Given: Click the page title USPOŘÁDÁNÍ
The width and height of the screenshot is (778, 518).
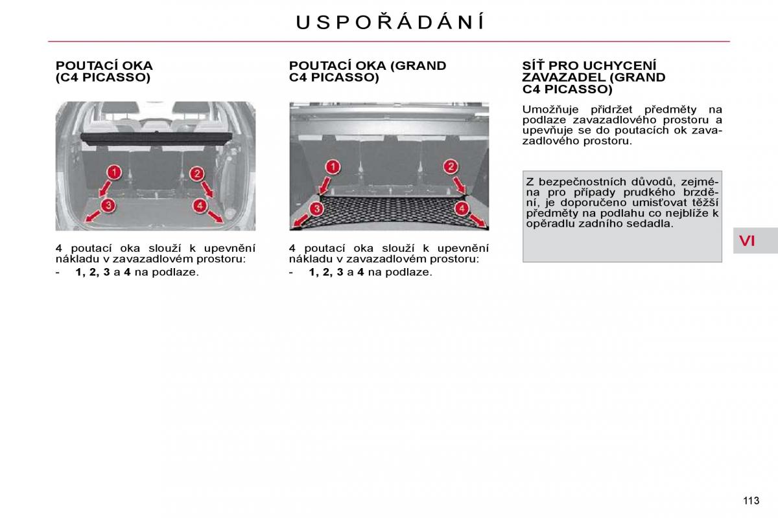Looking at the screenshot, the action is coord(389,22).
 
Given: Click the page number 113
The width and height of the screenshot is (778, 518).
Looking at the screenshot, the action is coord(751,501).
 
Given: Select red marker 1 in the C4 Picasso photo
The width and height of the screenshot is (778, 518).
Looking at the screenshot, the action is coord(114,172).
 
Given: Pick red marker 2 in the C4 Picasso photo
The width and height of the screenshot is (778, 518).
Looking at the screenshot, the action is coord(197,174).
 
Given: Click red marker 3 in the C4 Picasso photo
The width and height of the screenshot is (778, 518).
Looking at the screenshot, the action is coord(108,205).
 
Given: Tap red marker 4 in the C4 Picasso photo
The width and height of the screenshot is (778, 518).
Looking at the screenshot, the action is coord(200,206).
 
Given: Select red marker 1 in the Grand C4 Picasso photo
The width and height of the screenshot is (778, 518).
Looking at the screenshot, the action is coord(333,167).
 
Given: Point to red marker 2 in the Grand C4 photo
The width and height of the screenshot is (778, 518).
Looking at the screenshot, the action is coord(451,166).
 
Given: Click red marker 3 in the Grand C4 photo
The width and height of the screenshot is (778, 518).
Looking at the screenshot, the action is coord(316,209).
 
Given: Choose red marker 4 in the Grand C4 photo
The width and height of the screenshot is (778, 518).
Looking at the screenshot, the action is coord(462,209).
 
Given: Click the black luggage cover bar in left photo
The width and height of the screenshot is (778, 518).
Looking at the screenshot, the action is coord(156,138).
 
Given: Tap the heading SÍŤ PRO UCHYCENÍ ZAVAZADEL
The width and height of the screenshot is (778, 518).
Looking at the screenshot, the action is coord(594,77).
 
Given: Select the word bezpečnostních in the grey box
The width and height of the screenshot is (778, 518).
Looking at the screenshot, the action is coord(580,182).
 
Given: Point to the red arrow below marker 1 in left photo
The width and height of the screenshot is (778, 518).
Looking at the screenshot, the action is coord(104,189).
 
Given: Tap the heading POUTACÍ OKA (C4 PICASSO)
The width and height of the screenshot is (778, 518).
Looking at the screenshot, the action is coord(104,71).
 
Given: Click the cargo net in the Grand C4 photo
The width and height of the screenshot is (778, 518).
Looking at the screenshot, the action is coord(389,210).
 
